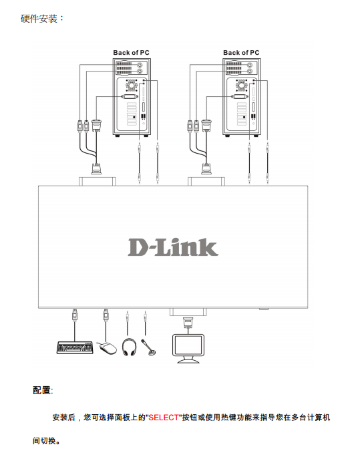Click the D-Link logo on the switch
pyautogui.click(x=173, y=247)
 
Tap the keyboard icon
pyautogui.click(x=75, y=347)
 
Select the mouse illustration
pyautogui.click(x=107, y=347)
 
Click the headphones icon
pyautogui.click(x=129, y=347)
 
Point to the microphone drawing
pyautogui.click(x=149, y=347)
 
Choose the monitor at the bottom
pyautogui.click(x=188, y=348)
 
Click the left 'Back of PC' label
pyautogui.click(x=131, y=53)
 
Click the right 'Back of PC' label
pyautogui.click(x=241, y=53)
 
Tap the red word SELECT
pyautogui.click(x=164, y=418)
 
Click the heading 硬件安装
pyautogui.click(x=39, y=19)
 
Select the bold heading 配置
pyautogui.click(x=42, y=390)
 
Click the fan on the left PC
pyautogui.click(x=132, y=86)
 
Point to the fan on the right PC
pyautogui.click(x=241, y=86)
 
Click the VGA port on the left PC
pyautogui.click(x=130, y=96)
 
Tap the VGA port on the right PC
pyautogui.click(x=240, y=96)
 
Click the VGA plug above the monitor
pyautogui.click(x=188, y=323)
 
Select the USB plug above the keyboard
pyautogui.click(x=75, y=315)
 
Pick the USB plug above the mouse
pyautogui.click(x=106, y=315)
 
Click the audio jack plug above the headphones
pyautogui.click(x=128, y=318)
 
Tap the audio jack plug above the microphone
pyautogui.click(x=145, y=318)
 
